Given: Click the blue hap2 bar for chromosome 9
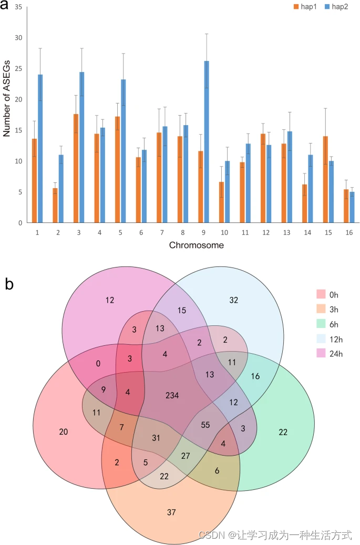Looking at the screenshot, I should pyautogui.click(x=207, y=142).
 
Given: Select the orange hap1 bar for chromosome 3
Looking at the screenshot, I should pyautogui.click(x=76, y=168).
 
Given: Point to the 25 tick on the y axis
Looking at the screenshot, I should pyautogui.click(x=19, y=69).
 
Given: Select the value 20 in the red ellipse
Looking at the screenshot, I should pyautogui.click(x=63, y=431).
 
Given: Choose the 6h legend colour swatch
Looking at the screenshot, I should pyautogui.click(x=321, y=322).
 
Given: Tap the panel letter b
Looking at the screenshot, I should pyautogui.click(x=9, y=284).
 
